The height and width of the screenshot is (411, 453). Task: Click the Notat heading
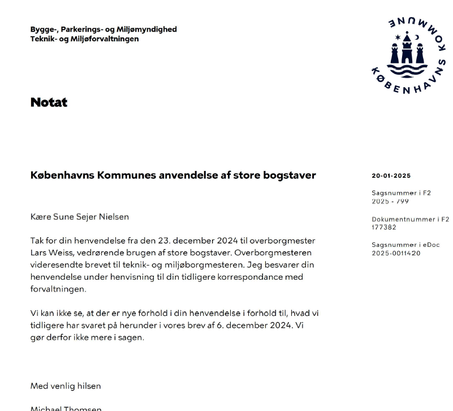49,102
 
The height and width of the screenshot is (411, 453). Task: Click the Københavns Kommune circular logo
408,55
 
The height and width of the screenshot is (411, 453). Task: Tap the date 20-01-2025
391,176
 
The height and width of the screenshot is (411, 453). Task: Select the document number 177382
384,228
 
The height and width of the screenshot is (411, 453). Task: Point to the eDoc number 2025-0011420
396,254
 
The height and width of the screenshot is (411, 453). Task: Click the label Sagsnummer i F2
401,193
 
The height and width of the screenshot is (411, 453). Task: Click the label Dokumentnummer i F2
410,219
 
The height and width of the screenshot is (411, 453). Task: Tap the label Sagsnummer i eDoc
405,245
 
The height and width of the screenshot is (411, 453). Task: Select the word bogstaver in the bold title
290,175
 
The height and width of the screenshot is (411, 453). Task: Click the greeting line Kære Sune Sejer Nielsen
80,217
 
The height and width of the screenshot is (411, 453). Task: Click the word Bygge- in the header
44,29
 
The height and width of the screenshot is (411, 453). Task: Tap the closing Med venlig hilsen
66,386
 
